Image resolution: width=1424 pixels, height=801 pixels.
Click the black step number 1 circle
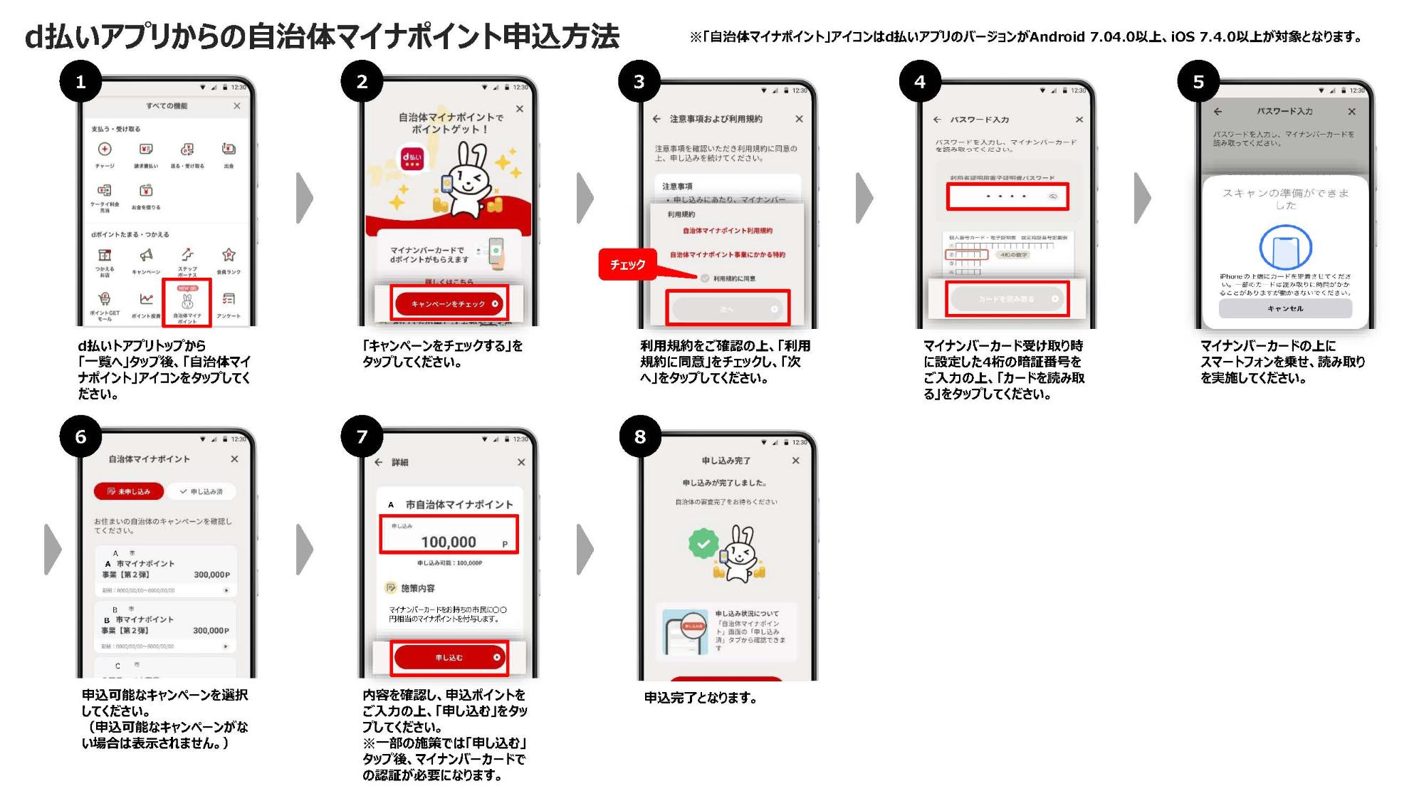(x=80, y=82)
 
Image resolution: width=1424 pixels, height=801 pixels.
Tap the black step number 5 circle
(x=1198, y=82)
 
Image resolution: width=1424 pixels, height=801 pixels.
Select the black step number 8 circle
(x=639, y=436)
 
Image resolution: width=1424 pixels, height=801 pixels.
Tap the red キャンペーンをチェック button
(x=449, y=304)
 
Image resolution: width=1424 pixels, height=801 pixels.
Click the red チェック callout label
(x=627, y=265)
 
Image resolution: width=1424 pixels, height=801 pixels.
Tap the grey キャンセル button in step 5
(x=1285, y=308)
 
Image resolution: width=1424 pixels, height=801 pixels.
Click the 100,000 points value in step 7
(x=449, y=542)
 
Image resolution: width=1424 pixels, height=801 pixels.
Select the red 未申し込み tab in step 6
(x=129, y=491)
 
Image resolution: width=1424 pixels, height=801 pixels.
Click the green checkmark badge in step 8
(x=703, y=544)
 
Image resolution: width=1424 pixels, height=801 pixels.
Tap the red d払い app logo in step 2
(x=412, y=157)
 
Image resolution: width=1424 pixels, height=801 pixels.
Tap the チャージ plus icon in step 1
(x=105, y=149)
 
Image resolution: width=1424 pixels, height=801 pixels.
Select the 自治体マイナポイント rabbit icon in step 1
(x=187, y=302)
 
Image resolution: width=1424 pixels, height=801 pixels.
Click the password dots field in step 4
(x=1007, y=196)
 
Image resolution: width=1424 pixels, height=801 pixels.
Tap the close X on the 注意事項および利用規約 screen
(x=799, y=119)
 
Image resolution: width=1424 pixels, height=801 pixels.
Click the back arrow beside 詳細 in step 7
(x=379, y=462)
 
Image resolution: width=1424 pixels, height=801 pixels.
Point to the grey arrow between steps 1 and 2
(x=305, y=197)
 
